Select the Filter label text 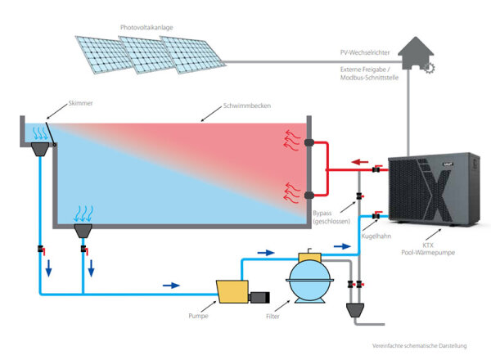277,314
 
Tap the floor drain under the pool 83,232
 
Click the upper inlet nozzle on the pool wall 307,143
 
